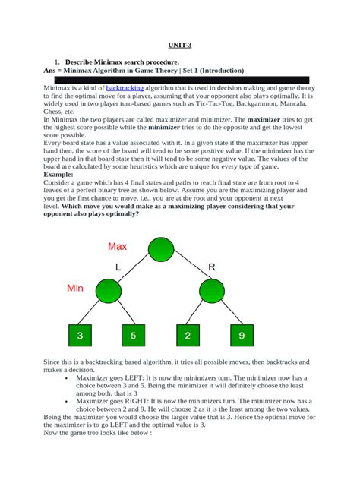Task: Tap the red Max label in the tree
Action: pyautogui.click(x=118, y=246)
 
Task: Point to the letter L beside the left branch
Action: pyautogui.click(x=118, y=267)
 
